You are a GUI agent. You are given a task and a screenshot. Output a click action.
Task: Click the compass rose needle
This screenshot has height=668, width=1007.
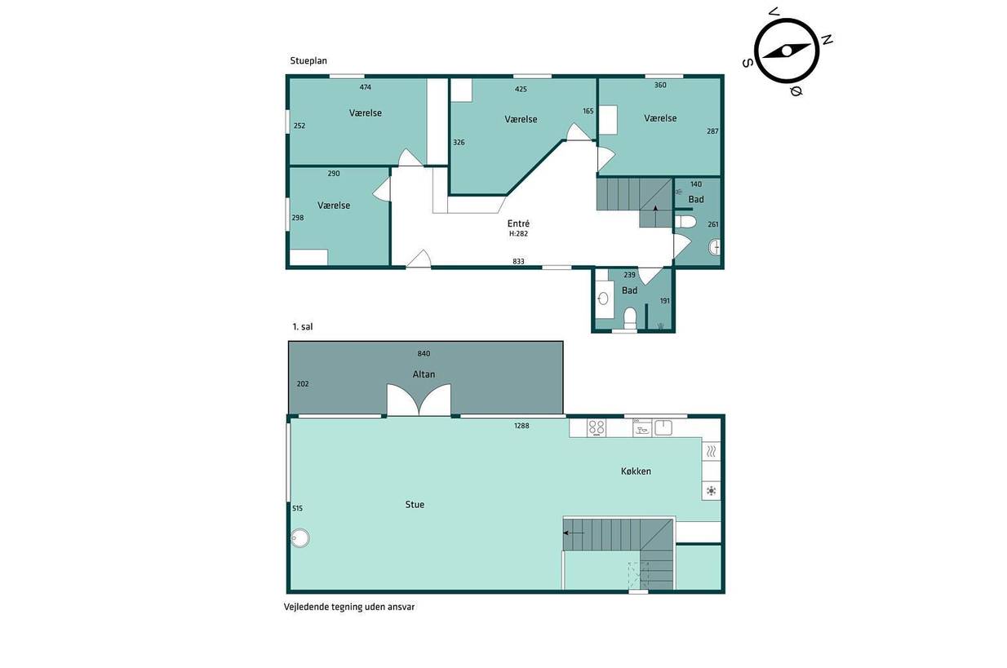[787, 51]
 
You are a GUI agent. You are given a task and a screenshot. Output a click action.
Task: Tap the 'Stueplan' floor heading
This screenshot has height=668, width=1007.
[308, 60]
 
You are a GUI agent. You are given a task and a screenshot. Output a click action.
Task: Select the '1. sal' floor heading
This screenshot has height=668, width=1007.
[303, 326]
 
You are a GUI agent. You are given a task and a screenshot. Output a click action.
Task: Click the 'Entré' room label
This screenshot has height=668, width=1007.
[518, 223]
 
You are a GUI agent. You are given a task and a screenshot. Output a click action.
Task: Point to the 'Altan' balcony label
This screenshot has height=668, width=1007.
[424, 374]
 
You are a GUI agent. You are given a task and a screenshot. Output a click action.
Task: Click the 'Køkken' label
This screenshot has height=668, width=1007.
[636, 471]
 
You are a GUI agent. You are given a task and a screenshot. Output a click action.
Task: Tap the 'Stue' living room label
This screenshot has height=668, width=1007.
[415, 505]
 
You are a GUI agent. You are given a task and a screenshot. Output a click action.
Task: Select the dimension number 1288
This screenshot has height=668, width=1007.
[521, 426]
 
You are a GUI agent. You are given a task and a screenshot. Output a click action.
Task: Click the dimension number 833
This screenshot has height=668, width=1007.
[518, 261]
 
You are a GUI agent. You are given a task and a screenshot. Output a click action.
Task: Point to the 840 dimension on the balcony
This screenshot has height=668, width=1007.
[424, 353]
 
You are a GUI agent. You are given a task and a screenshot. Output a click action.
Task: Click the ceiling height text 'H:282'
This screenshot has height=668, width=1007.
[518, 233]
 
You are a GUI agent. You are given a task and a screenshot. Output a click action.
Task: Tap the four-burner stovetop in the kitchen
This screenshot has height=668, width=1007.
[596, 428]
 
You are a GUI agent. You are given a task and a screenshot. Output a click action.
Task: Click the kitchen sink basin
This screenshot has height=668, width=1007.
[663, 427]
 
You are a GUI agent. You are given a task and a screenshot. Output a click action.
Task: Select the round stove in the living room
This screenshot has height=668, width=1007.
[299, 537]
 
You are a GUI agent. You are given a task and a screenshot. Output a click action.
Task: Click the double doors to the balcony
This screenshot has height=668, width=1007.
[419, 400]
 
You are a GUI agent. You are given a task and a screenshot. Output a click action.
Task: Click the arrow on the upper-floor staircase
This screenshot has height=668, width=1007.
[574, 533]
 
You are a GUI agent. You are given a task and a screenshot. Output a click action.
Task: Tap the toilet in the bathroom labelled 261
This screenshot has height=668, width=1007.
[685, 222]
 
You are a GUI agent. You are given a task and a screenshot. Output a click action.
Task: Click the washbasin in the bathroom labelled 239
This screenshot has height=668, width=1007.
[603, 299]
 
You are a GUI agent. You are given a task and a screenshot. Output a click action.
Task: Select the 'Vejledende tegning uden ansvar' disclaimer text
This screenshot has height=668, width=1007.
[348, 607]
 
